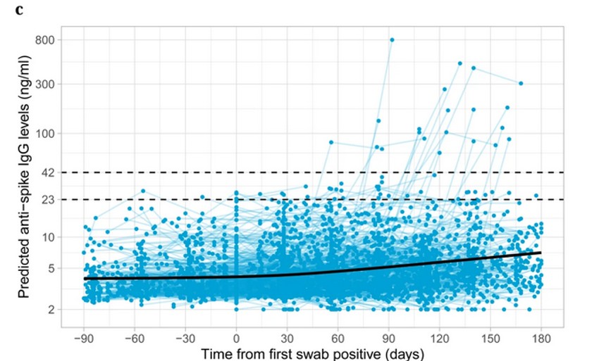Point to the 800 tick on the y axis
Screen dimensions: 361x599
[46, 40]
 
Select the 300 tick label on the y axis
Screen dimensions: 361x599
[46, 84]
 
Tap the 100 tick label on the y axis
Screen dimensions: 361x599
[46, 133]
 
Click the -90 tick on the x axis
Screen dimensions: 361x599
[84, 336]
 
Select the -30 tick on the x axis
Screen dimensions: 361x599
[185, 336]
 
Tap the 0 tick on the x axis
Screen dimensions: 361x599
[236, 336]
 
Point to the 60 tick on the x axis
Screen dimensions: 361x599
[338, 336]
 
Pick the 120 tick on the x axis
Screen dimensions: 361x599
[440, 336]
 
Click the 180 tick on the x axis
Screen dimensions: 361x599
[541, 336]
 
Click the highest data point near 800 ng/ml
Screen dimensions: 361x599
[392, 40]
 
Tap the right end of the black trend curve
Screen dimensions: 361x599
[541, 252]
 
